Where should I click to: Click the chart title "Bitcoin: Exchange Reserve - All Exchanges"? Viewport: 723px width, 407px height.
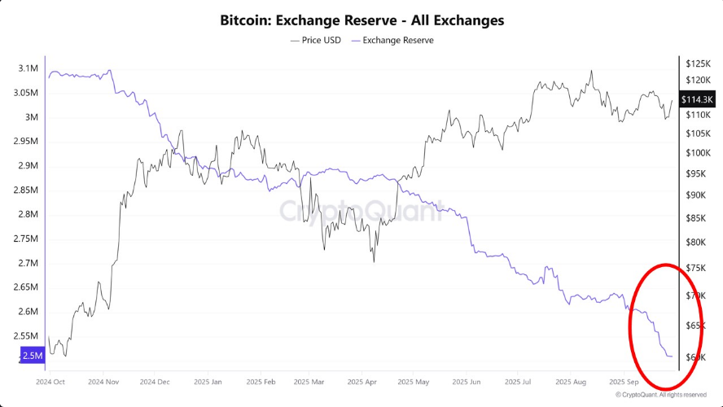click(361, 20)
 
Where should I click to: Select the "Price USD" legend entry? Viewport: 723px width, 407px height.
click(316, 40)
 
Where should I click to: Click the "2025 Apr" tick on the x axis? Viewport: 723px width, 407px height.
click(361, 381)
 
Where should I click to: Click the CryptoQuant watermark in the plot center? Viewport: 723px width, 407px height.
click(361, 212)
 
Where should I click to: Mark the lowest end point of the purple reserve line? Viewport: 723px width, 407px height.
click(671, 357)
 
